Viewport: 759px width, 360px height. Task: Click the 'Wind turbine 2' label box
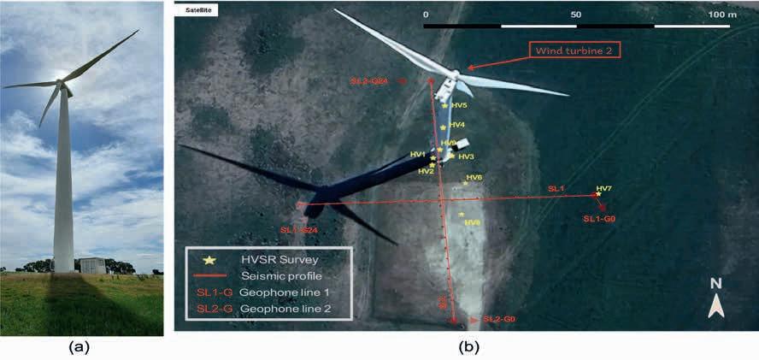point(574,50)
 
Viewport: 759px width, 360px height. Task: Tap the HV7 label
point(603,188)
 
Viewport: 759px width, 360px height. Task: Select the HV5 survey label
point(458,105)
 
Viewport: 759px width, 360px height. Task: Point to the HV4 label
point(456,125)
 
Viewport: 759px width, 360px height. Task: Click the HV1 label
point(417,154)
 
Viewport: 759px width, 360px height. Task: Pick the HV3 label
point(466,156)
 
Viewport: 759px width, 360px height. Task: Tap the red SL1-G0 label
point(601,219)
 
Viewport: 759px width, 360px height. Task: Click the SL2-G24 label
point(370,81)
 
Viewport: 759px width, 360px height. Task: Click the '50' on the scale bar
point(575,15)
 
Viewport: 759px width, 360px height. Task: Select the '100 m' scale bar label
point(723,15)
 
